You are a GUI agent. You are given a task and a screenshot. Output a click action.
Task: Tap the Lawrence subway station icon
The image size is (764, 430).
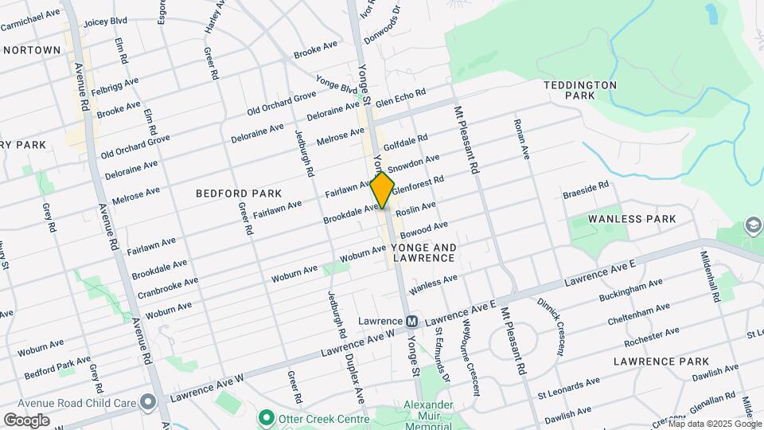click(x=412, y=322)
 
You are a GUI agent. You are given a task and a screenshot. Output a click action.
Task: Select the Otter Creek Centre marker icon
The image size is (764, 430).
click(x=267, y=418)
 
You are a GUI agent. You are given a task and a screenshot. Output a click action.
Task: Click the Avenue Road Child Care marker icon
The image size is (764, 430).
click(x=148, y=401)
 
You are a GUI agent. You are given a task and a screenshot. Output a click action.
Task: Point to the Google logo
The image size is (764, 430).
click(x=26, y=420)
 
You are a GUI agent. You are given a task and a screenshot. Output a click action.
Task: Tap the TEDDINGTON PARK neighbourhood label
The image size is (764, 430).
click(x=580, y=89)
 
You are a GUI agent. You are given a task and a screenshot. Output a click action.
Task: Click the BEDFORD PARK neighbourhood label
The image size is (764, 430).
click(x=239, y=193)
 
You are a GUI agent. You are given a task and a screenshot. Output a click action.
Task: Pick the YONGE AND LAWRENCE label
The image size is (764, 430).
click(x=423, y=252)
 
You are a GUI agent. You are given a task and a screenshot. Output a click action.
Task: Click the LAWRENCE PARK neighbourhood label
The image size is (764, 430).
click(x=661, y=362)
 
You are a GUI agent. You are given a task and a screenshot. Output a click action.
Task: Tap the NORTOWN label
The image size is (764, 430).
click(x=32, y=50)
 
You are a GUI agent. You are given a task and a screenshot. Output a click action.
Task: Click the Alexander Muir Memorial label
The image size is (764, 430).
click(x=427, y=415)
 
